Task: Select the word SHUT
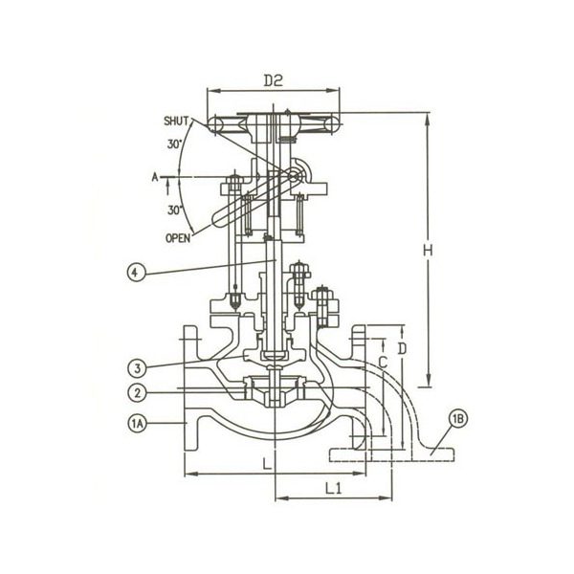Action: click(x=176, y=121)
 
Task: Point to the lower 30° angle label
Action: click(x=174, y=209)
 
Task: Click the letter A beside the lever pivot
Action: click(x=154, y=177)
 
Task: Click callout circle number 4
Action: click(x=136, y=273)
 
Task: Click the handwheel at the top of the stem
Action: click(x=274, y=124)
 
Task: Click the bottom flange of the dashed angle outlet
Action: click(x=392, y=453)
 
